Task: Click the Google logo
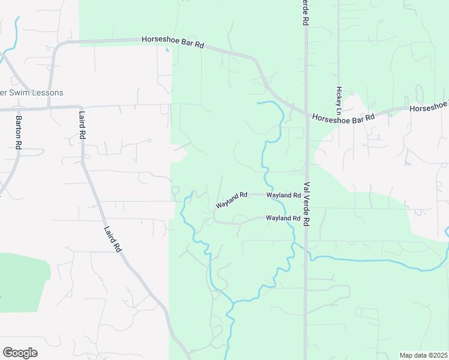20,353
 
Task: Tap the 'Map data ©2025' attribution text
424,355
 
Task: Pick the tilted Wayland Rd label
232,200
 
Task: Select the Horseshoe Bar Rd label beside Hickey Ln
343,118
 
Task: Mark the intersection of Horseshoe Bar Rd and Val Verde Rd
307,115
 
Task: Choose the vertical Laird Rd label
82,125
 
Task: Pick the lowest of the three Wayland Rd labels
283,218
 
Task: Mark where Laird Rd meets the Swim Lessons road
80,106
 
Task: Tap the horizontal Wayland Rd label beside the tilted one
283,196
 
